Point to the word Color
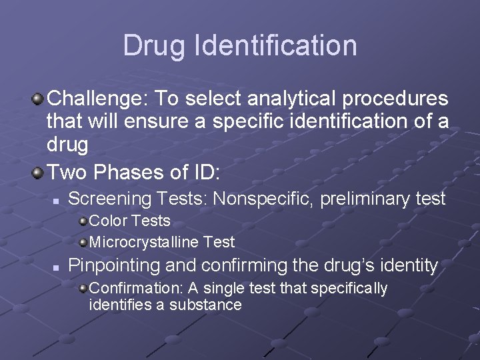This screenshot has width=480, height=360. (x=107, y=221)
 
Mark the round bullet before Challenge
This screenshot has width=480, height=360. (x=38, y=100)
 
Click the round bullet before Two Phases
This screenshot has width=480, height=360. (x=38, y=173)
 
